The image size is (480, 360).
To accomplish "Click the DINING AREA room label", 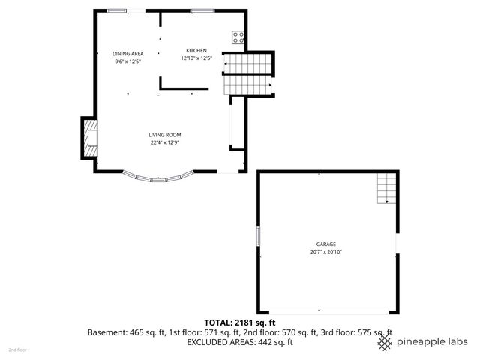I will [127, 54].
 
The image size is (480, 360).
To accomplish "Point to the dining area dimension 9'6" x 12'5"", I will [127, 61].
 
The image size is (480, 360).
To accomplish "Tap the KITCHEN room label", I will [196, 50].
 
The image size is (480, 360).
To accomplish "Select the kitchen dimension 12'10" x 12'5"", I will [196, 58].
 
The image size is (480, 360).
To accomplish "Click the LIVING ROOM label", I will [165, 135].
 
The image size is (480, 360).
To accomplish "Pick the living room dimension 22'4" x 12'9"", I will [165, 142].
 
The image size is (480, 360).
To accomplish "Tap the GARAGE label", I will [325, 244].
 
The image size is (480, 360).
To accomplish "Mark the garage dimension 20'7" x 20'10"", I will [325, 251].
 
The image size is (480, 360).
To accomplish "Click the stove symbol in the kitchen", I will [238, 35].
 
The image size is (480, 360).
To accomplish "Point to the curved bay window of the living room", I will [159, 178].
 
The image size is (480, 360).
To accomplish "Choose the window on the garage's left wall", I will [258, 235].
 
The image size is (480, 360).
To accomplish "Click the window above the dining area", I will [116, 10].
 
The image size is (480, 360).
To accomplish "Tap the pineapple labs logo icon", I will [384, 341].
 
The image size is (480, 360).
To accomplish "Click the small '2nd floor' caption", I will [16, 349].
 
